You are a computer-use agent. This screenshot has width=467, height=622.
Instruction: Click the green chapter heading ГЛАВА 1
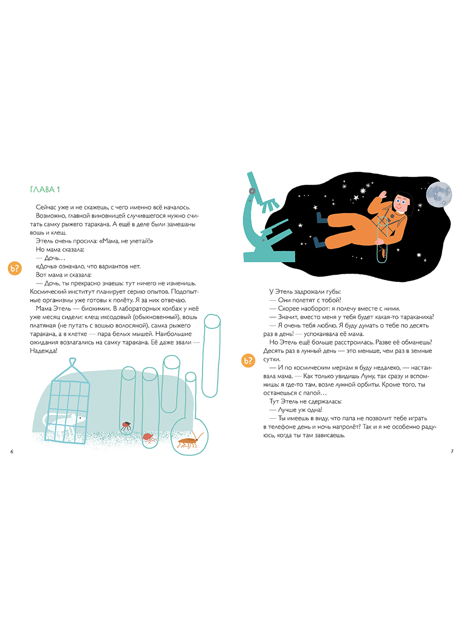click(45, 190)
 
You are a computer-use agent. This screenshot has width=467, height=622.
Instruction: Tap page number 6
click(11, 451)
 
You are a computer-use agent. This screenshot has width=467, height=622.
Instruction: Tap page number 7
click(452, 451)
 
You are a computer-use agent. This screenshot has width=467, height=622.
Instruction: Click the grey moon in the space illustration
click(438, 195)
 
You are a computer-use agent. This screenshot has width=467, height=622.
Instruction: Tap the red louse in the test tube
click(149, 437)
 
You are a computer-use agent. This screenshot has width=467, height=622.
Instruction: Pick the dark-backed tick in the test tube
click(126, 426)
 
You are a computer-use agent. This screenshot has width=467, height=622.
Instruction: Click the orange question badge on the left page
click(15, 268)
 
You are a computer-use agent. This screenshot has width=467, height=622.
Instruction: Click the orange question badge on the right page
click(248, 360)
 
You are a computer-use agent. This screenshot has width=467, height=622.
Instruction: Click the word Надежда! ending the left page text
click(44, 351)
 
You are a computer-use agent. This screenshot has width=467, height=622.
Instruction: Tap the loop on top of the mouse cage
click(73, 362)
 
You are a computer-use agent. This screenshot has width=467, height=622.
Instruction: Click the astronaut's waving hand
click(382, 195)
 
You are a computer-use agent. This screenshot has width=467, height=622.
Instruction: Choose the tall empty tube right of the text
click(212, 356)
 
